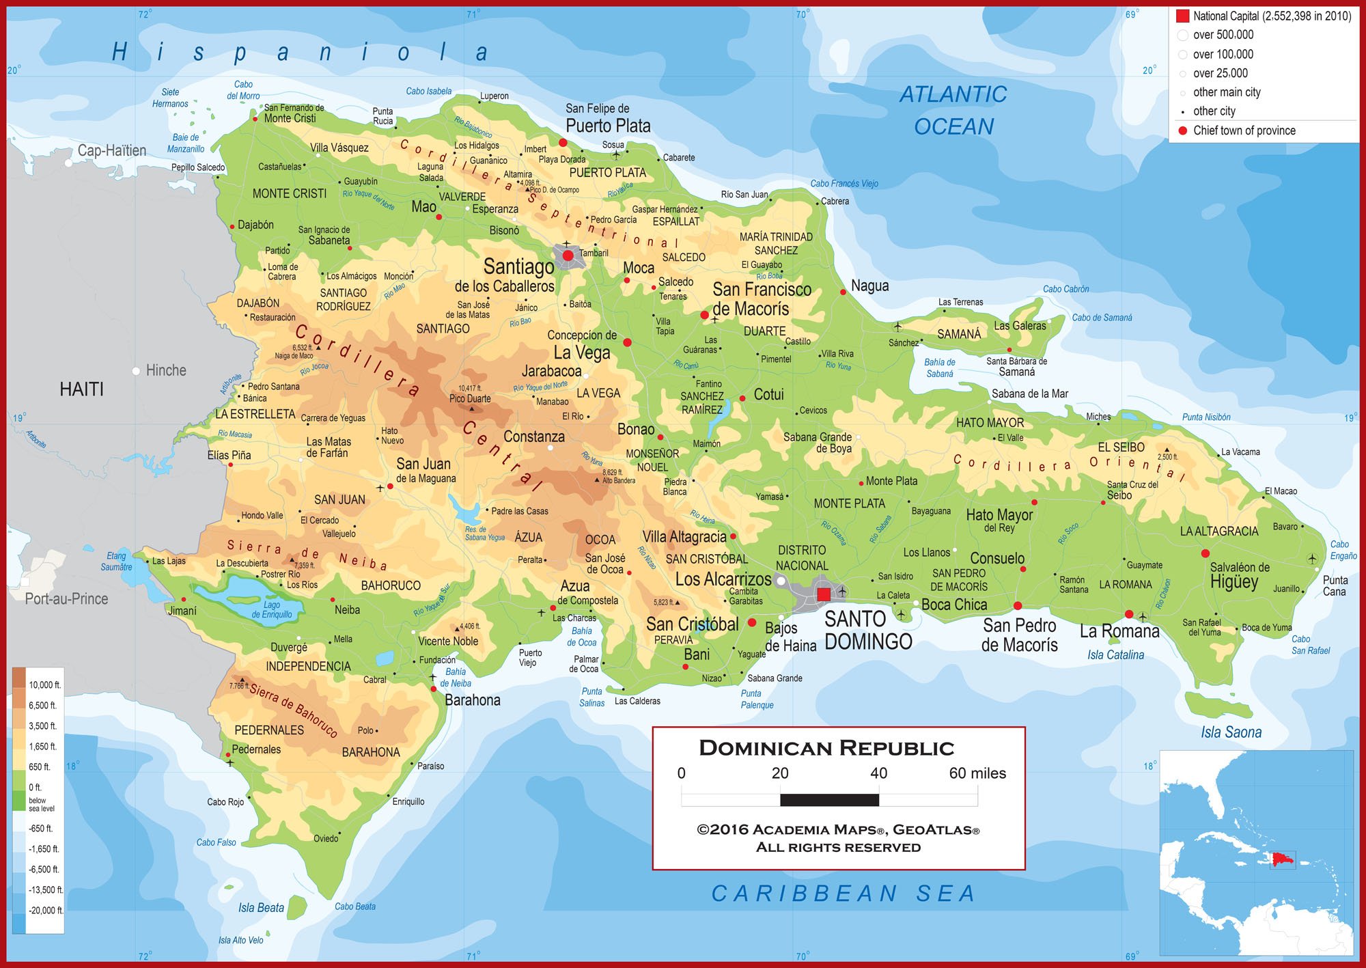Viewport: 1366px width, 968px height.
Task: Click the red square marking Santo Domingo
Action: tap(824, 594)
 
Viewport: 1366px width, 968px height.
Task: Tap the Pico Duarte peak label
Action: tap(470, 398)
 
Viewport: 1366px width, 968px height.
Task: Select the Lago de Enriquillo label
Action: tap(272, 609)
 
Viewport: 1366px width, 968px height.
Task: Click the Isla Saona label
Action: tap(1231, 732)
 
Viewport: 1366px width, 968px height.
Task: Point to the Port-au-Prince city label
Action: tap(66, 599)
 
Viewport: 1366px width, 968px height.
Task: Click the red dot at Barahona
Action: tap(434, 689)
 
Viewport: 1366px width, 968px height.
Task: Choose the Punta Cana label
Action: tap(1335, 585)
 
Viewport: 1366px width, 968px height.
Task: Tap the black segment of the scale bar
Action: tap(829, 799)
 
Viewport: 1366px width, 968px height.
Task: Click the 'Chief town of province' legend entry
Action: tap(1244, 130)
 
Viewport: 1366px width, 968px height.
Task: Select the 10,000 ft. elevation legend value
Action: tap(44, 684)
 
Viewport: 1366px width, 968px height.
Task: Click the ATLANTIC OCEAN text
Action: tap(953, 110)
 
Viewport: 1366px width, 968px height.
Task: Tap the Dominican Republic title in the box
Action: tap(826, 748)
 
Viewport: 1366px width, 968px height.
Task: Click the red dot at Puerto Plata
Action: tap(563, 143)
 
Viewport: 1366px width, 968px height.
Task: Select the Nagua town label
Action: tap(869, 286)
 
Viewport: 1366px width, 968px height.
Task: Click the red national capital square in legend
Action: tap(1182, 16)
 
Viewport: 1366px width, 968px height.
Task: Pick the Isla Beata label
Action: tap(261, 907)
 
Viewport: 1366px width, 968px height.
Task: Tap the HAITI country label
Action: tap(81, 389)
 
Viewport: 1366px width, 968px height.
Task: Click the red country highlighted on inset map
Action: tap(1283, 859)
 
